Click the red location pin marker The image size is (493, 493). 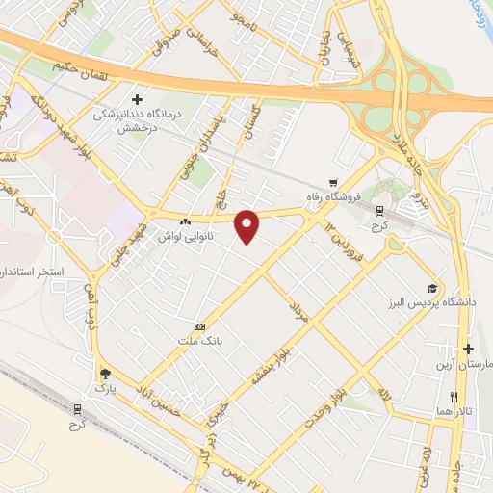click(x=249, y=226)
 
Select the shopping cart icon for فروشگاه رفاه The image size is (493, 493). click(x=332, y=183)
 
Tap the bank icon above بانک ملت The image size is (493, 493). click(x=200, y=326)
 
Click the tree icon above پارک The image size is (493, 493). click(x=104, y=374)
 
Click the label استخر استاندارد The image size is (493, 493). click(x=32, y=272)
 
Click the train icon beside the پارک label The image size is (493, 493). click(x=76, y=408)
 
